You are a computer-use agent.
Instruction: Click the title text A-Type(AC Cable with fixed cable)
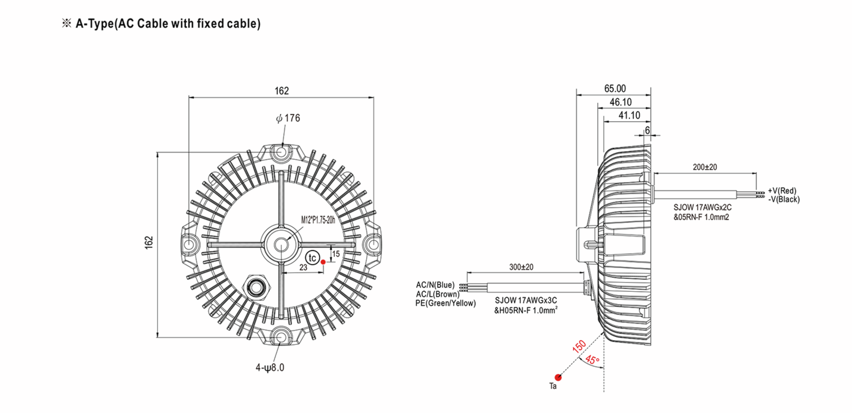click(168, 24)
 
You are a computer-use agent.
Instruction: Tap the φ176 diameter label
click(288, 118)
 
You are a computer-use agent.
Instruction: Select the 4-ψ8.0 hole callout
click(270, 368)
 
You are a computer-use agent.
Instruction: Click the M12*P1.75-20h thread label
click(318, 220)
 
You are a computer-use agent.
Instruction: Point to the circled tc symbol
click(312, 258)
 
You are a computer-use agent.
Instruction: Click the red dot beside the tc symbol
click(323, 262)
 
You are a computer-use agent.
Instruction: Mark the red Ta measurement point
click(558, 377)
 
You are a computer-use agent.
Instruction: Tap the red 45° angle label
click(592, 360)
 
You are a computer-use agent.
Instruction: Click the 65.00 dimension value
click(615, 88)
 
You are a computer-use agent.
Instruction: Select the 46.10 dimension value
click(621, 102)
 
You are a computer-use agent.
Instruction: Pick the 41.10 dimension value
click(629, 116)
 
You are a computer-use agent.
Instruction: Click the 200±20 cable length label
click(705, 167)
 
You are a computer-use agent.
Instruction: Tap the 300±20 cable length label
click(521, 267)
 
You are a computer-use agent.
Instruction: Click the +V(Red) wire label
click(782, 191)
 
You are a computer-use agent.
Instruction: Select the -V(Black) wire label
click(784, 199)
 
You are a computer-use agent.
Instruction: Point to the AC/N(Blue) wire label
click(435, 285)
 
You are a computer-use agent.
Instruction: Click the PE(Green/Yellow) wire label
click(446, 303)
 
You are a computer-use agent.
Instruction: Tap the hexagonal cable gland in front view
click(256, 287)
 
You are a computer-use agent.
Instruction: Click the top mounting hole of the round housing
click(281, 152)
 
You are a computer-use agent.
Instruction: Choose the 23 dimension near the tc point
click(303, 267)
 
